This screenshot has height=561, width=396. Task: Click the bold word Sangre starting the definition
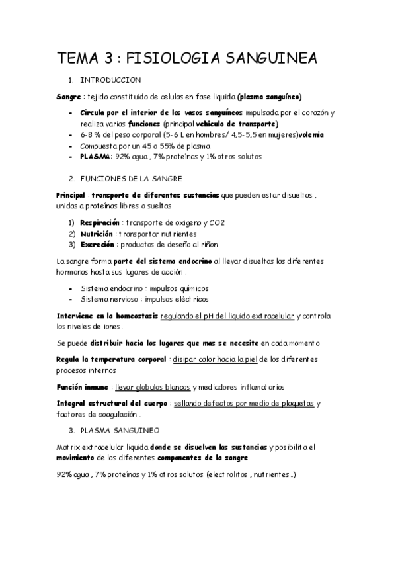tap(68, 96)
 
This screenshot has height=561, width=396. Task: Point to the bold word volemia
tap(311, 135)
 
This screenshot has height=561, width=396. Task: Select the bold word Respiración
tap(100, 223)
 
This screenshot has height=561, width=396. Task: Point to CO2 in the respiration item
tap(216, 223)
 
